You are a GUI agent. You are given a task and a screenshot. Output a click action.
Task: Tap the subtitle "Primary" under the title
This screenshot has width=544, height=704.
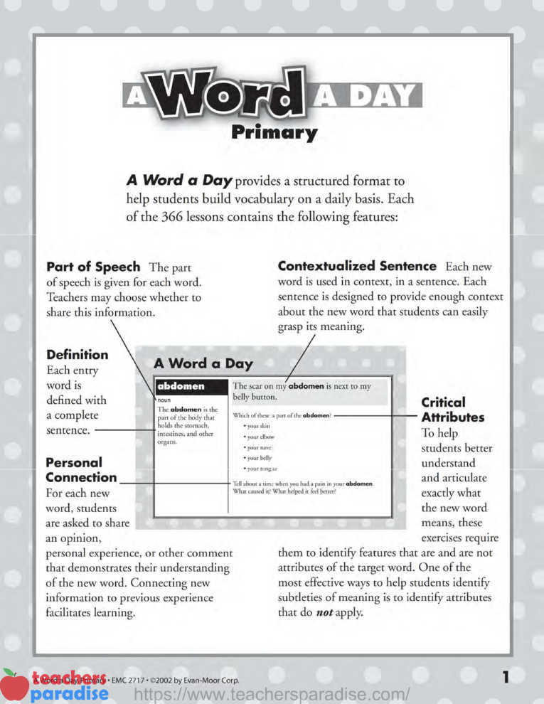274,133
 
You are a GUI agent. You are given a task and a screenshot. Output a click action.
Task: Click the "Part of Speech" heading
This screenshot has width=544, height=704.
93,267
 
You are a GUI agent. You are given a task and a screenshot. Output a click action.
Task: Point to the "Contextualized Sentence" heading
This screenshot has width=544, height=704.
357,266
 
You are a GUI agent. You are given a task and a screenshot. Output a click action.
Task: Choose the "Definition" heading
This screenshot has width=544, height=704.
78,354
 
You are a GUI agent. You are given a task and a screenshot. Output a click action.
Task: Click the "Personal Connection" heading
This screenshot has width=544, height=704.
81,470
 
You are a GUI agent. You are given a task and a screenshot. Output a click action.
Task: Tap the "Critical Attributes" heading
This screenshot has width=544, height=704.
452,410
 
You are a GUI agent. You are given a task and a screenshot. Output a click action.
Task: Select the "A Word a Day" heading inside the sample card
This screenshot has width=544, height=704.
203,363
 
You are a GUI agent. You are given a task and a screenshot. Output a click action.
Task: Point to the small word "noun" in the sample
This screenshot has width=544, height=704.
165,400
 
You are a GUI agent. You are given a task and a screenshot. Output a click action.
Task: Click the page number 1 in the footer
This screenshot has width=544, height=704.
505,678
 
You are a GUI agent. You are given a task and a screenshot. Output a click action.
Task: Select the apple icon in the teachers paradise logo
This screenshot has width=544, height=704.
13,684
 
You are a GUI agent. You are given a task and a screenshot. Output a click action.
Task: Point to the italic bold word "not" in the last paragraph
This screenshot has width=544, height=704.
325,612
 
